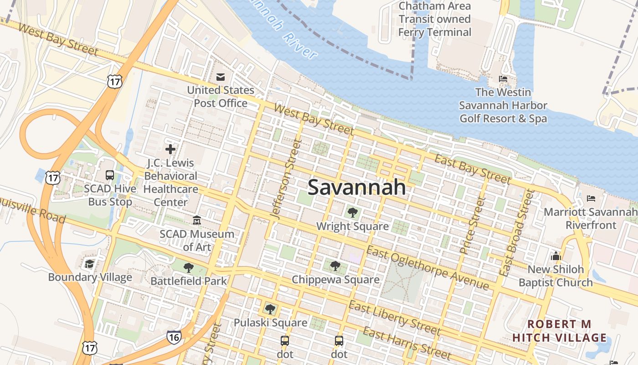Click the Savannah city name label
356,187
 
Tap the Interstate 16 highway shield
174,337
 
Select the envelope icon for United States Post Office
221,77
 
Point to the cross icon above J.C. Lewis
170,149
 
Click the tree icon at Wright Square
352,212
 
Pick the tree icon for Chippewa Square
335,266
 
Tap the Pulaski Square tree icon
270,309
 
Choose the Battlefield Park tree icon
188,267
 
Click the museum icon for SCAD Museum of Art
196,220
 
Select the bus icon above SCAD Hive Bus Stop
110,175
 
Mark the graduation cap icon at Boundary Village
90,264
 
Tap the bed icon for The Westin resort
503,79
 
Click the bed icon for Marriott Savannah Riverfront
591,198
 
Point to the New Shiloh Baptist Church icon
556,256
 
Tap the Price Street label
471,225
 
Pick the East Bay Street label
473,169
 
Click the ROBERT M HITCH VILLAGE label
560,331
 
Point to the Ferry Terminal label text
435,32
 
